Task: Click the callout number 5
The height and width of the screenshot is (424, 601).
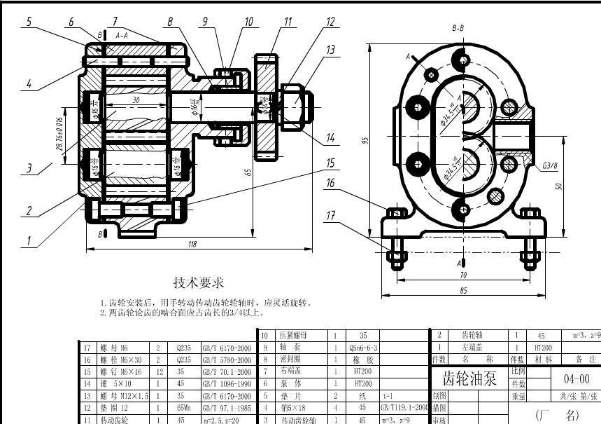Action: (x=29, y=22)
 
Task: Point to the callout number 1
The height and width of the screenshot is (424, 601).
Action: (x=29, y=240)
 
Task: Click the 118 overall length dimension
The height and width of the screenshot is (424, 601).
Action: (x=192, y=244)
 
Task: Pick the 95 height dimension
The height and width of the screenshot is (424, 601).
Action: (x=365, y=140)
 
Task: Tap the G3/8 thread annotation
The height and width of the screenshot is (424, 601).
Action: (x=549, y=167)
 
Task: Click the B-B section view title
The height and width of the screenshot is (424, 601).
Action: (x=458, y=28)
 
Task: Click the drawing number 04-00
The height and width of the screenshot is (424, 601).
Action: (x=575, y=379)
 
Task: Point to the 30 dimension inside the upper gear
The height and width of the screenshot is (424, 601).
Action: (x=135, y=100)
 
